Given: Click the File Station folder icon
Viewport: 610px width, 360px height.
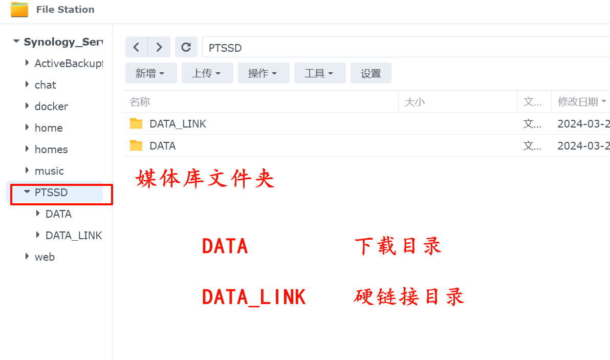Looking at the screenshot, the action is pyautogui.click(x=19, y=9).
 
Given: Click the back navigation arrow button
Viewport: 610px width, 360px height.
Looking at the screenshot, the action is pyautogui.click(x=136, y=47).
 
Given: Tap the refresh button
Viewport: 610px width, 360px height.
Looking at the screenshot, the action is pyautogui.click(x=186, y=47).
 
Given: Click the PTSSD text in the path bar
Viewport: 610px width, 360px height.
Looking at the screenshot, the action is pyautogui.click(x=225, y=48).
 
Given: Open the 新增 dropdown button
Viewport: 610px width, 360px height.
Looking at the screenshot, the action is pyautogui.click(x=151, y=73).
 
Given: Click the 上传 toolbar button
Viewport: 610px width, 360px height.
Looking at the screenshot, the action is pyautogui.click(x=207, y=73).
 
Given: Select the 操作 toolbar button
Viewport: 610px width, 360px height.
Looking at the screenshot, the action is pyautogui.click(x=264, y=73).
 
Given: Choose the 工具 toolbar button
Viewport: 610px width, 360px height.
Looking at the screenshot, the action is pyautogui.click(x=320, y=73).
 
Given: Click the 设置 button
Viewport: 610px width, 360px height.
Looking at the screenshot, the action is pyautogui.click(x=371, y=73).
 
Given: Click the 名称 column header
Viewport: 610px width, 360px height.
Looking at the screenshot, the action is pyautogui.click(x=140, y=102).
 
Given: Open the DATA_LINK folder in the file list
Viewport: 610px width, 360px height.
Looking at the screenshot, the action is pyautogui.click(x=178, y=124).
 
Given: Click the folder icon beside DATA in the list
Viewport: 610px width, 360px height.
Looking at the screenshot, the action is pyautogui.click(x=136, y=145).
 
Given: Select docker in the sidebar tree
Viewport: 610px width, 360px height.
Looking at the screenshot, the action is pyautogui.click(x=51, y=106).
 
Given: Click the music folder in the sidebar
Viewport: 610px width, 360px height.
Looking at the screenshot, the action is pyautogui.click(x=49, y=171).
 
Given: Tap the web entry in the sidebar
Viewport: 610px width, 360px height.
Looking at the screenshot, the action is pyautogui.click(x=45, y=257).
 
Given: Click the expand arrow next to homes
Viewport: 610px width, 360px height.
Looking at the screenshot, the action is pyautogui.click(x=27, y=149).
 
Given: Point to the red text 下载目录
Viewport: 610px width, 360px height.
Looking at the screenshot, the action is pyautogui.click(x=398, y=246).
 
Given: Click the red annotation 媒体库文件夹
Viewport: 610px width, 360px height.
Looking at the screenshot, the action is pyautogui.click(x=205, y=179).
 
